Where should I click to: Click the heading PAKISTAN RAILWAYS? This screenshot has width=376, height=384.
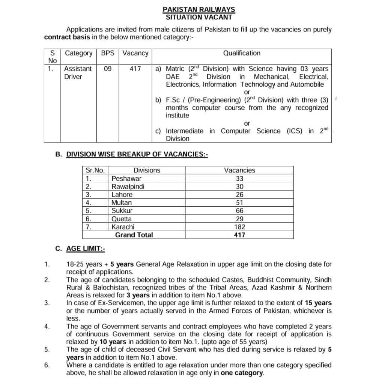[x=199, y=9]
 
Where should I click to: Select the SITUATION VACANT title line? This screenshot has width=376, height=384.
[x=199, y=17]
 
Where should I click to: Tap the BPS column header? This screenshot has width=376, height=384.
[x=108, y=53]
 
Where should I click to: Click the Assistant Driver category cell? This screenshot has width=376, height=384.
[x=78, y=73]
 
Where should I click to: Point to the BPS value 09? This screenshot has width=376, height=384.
[x=108, y=69]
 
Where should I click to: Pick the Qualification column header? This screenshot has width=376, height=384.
[x=242, y=53]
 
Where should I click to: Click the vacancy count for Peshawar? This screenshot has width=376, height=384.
[x=239, y=178]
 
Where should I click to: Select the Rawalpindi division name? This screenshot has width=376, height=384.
[x=128, y=186]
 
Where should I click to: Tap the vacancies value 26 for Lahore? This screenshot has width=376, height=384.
[x=239, y=195]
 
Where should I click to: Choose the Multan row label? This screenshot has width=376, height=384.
[x=121, y=202]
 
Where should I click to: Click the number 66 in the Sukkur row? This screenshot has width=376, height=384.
[x=239, y=211]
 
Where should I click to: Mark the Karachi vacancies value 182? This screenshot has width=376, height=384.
[x=239, y=227]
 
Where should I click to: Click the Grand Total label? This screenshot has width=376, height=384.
[x=134, y=235]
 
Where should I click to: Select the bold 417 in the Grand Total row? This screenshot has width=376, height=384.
[x=239, y=235]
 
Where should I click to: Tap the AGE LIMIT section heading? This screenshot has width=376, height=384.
[x=86, y=248]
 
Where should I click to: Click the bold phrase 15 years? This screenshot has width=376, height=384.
[x=318, y=303]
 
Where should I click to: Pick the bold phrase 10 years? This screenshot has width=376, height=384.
[x=113, y=342]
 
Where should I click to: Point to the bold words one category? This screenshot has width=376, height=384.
[x=242, y=373]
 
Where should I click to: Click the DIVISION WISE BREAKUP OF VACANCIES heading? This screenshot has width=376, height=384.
[x=137, y=154]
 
